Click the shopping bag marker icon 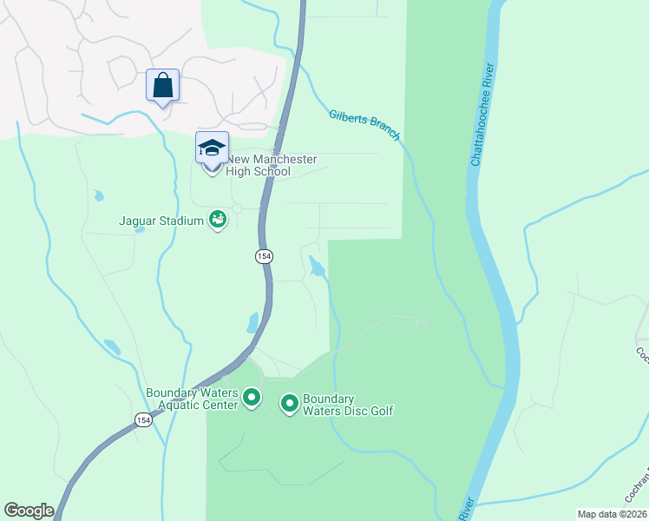coord(162,86)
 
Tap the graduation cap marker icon coord(212,148)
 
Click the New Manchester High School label coord(271,165)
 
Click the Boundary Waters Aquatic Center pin coord(252,399)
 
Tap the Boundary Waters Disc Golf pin coord(289,403)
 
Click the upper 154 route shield coord(263,256)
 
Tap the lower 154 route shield coord(144,419)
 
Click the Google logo coord(29,511)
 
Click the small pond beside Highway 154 coord(252,323)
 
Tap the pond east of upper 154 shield coord(318,267)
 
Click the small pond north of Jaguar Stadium coord(98,195)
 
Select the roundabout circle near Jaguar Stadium coord(236,208)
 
